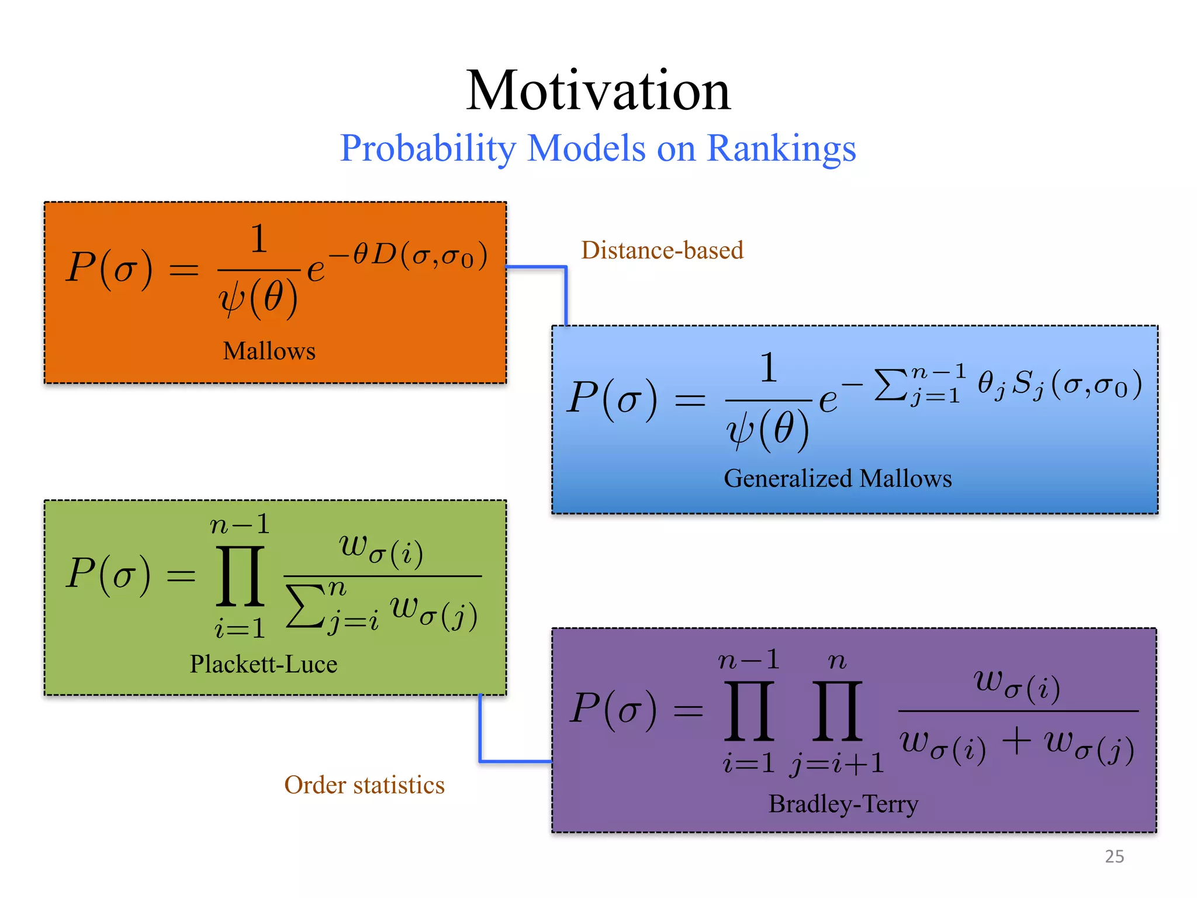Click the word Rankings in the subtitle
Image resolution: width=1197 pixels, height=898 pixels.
coord(781,148)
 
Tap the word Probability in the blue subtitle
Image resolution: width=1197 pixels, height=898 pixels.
coord(428,148)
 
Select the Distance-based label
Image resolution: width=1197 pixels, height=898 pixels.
coord(662,250)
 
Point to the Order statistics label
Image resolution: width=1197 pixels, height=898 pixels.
coord(364,785)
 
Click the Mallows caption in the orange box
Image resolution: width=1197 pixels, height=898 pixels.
coord(269,351)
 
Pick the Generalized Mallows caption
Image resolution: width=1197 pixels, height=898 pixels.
coord(838,478)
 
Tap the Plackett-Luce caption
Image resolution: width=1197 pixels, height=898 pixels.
coord(264,664)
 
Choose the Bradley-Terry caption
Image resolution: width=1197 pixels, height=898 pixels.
coord(843,804)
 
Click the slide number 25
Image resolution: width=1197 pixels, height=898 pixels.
coord(1114,856)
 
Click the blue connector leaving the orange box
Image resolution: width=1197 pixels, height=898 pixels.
coord(565,292)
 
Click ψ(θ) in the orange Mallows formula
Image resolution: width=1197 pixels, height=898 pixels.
coord(258,298)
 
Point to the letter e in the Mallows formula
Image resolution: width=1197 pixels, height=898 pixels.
coord(316,270)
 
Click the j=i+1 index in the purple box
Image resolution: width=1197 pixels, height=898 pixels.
coord(837,764)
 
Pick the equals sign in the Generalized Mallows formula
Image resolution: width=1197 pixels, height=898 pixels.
coord(690,400)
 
